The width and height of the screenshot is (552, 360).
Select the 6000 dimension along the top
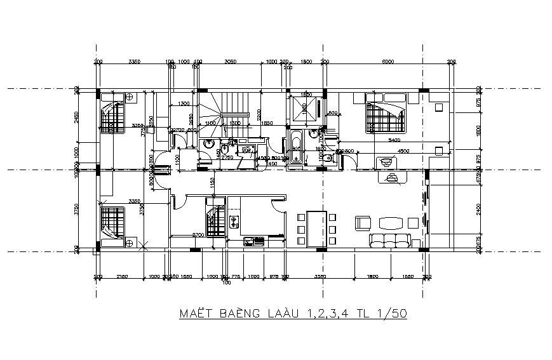click(388, 62)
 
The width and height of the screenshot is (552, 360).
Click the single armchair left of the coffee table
click(363, 222)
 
